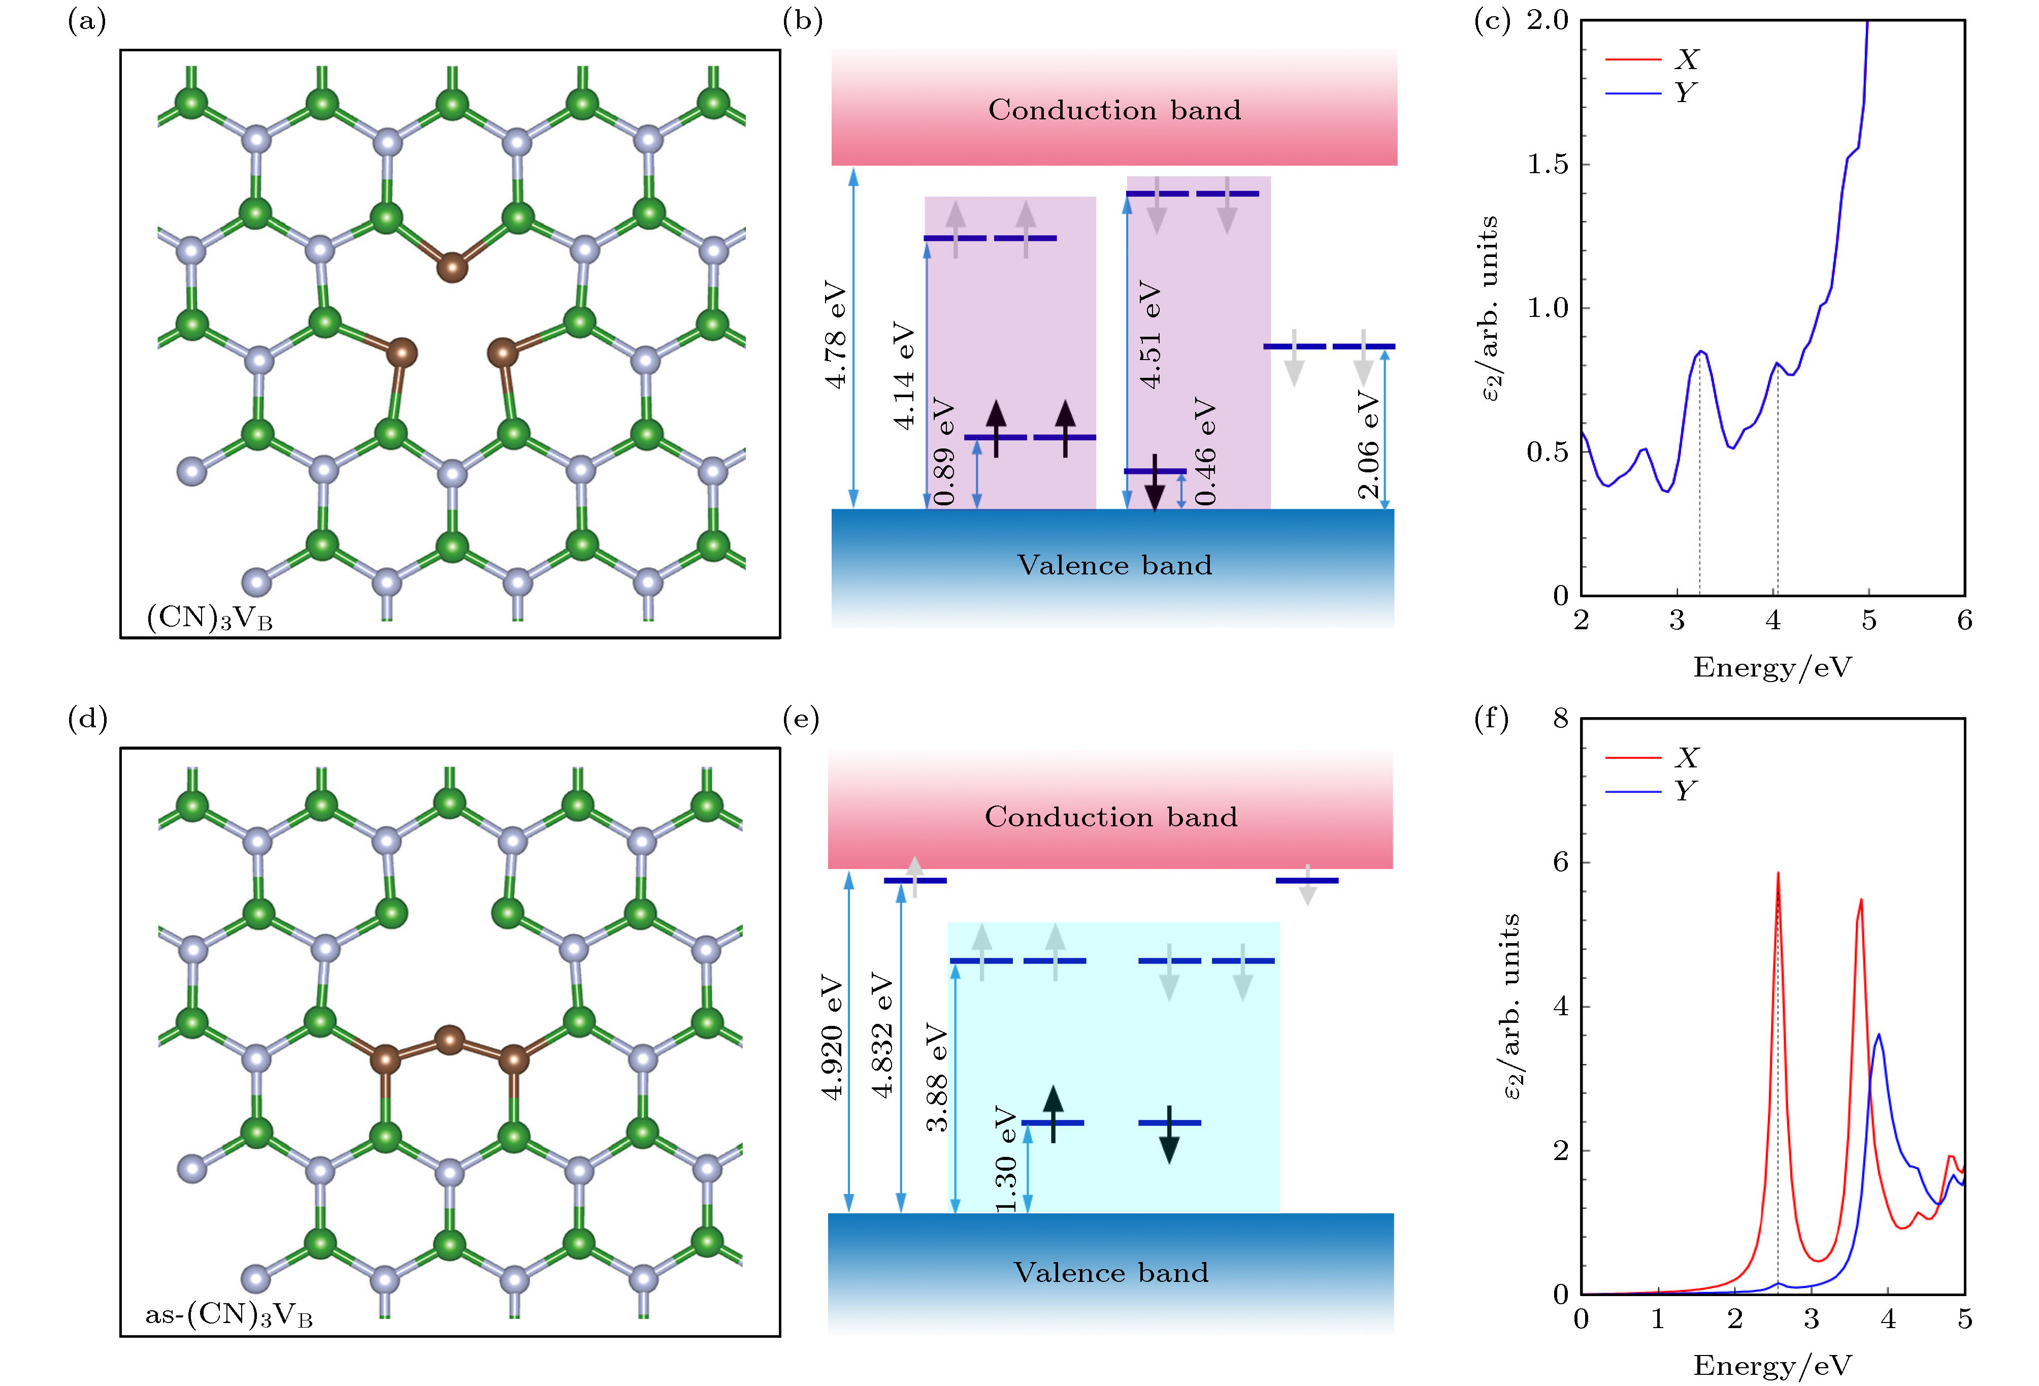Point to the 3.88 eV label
coord(937,1077)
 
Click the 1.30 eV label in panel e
coord(1005,1158)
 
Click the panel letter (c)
coord(1492,21)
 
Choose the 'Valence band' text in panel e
coord(1111,1273)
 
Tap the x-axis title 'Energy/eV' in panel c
coord(1772,667)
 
